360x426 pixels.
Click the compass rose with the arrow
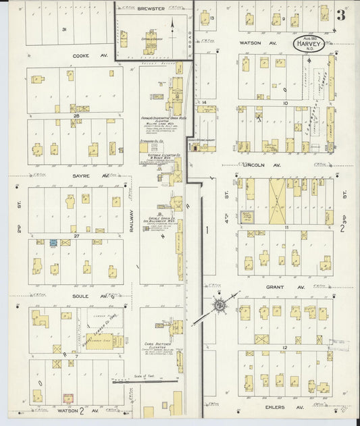click(220, 305)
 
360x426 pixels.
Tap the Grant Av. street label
click(275, 287)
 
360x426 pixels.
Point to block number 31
click(63, 30)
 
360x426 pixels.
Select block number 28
click(76, 116)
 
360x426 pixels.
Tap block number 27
click(76, 236)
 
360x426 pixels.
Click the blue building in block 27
click(51, 242)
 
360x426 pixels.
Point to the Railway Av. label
click(132, 219)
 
